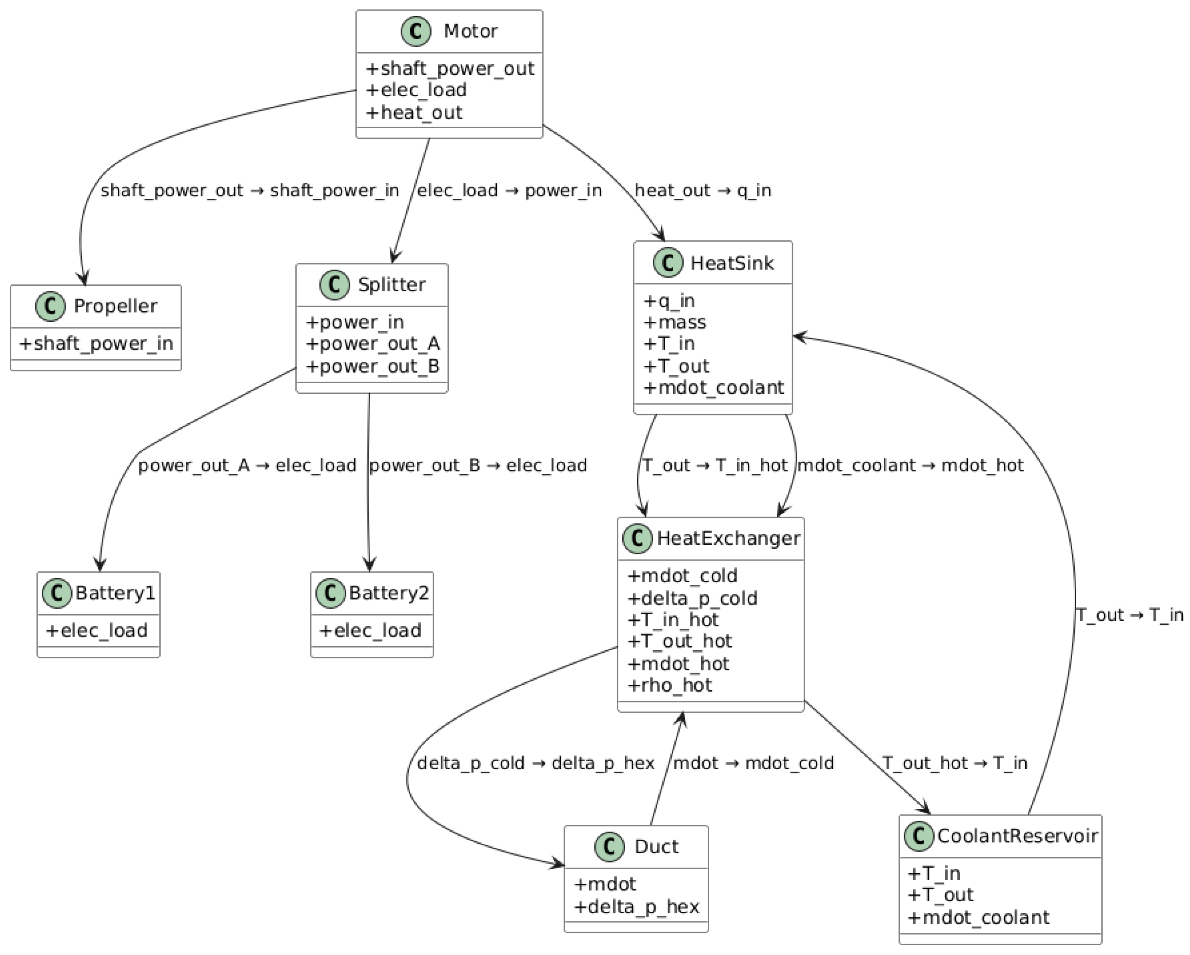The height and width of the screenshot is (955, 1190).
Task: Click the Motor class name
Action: click(x=470, y=31)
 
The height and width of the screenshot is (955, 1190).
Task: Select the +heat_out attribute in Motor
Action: click(x=414, y=112)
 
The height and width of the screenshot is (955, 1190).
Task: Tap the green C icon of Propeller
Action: click(x=51, y=306)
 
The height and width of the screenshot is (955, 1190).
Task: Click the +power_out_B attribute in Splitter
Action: click(x=373, y=366)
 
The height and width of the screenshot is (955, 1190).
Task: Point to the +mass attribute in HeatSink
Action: click(x=675, y=322)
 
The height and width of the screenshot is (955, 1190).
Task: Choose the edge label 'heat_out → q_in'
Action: click(x=702, y=191)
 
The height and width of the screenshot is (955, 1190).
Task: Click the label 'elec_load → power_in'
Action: click(x=509, y=191)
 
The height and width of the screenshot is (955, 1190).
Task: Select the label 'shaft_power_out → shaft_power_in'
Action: click(x=250, y=191)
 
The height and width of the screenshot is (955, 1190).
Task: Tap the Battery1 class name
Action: click(x=115, y=593)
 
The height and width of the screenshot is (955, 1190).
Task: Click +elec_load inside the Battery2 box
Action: click(x=370, y=630)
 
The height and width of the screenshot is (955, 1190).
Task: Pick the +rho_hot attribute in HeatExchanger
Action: click(x=670, y=685)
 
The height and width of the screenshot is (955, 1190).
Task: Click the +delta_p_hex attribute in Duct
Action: click(x=636, y=906)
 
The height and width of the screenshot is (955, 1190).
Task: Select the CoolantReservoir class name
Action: click(x=1017, y=836)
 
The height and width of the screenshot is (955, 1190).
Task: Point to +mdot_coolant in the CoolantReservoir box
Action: click(x=978, y=917)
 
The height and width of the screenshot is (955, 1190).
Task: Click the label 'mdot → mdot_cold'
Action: click(x=753, y=763)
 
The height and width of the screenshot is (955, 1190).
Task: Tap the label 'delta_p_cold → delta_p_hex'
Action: click(x=535, y=763)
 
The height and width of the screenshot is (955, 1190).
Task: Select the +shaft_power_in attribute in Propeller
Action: click(x=96, y=344)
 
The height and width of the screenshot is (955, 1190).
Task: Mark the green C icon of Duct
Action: click(x=610, y=847)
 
